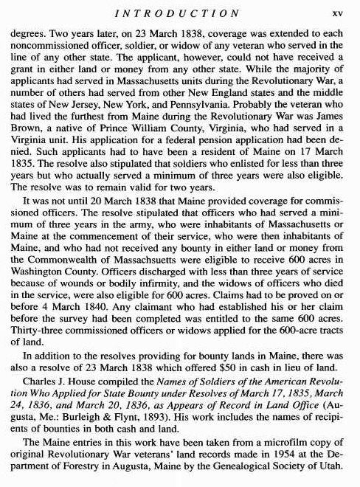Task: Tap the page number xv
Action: click(338, 13)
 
